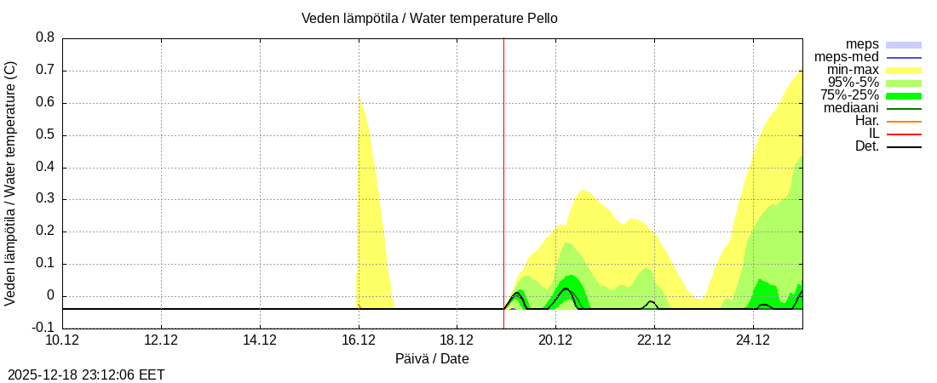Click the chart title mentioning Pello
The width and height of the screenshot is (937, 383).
pyautogui.click(x=429, y=19)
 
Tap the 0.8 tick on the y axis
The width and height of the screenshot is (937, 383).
pyautogui.click(x=45, y=37)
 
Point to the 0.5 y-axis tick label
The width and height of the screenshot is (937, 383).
pyautogui.click(x=45, y=134)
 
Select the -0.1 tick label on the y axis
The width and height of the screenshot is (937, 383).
pyautogui.click(x=43, y=328)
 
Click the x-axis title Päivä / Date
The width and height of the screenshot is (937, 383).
pyautogui.click(x=432, y=358)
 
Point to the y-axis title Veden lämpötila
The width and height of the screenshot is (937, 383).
pyautogui.click(x=11, y=183)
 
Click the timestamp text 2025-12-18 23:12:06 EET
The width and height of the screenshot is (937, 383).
pyautogui.click(x=86, y=374)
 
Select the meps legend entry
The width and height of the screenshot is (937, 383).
pyautogui.click(x=862, y=44)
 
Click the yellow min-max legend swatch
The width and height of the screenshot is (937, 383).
pyautogui.click(x=904, y=70)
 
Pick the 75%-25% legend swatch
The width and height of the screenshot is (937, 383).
pyautogui.click(x=904, y=95)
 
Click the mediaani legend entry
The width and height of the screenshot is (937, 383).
pyautogui.click(x=851, y=108)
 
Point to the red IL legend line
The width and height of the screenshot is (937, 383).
pyautogui.click(x=904, y=134)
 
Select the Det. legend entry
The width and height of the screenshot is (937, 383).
pyautogui.click(x=866, y=146)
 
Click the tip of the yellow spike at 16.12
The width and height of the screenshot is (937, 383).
pyautogui.click(x=359, y=97)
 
